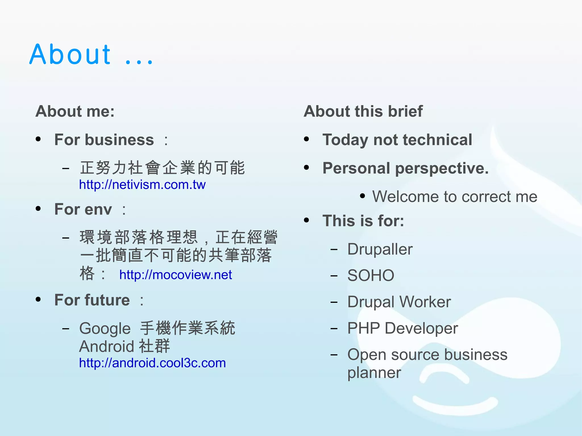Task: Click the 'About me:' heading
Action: [75, 111]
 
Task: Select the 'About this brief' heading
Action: [363, 111]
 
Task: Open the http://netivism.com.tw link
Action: [142, 185]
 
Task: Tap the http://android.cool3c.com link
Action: [152, 363]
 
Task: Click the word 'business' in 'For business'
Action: [119, 140]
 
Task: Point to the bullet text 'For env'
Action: [83, 210]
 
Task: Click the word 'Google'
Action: [105, 329]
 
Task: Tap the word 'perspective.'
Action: [442, 168]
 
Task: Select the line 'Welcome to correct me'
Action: [455, 197]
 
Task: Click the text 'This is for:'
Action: [363, 221]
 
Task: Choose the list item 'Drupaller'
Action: [380, 249]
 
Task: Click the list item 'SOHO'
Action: [371, 276]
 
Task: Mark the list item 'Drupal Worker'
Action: [399, 302]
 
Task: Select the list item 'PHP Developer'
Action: [402, 328]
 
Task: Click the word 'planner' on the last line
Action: [374, 373]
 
